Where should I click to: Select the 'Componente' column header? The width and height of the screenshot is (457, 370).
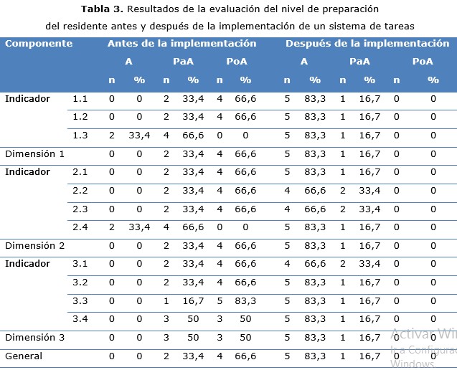(39, 44)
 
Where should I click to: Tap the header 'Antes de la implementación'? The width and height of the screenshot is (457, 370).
(182, 44)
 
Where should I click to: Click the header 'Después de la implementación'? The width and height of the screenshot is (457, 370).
(367, 44)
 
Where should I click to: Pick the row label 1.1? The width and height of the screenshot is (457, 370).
(81, 99)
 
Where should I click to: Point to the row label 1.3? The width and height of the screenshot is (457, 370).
(81, 136)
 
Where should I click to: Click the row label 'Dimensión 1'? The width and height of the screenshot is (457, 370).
(34, 153)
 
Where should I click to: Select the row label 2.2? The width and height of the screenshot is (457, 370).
(81, 191)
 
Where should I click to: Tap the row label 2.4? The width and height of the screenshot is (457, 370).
(81, 227)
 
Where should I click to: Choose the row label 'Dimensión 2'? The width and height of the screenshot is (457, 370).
(34, 246)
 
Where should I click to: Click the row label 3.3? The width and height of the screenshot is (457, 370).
(81, 300)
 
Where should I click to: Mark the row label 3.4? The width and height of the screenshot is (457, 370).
(81, 319)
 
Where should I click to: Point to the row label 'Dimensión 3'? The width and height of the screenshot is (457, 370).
(34, 337)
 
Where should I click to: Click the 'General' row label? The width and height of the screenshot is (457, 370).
(24, 356)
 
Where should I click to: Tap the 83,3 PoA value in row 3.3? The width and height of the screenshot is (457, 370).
(245, 300)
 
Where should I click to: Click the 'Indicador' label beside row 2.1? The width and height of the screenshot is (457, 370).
(27, 172)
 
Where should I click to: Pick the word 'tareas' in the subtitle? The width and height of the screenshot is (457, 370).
(397, 26)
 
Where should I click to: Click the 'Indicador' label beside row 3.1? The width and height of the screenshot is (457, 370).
(27, 264)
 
